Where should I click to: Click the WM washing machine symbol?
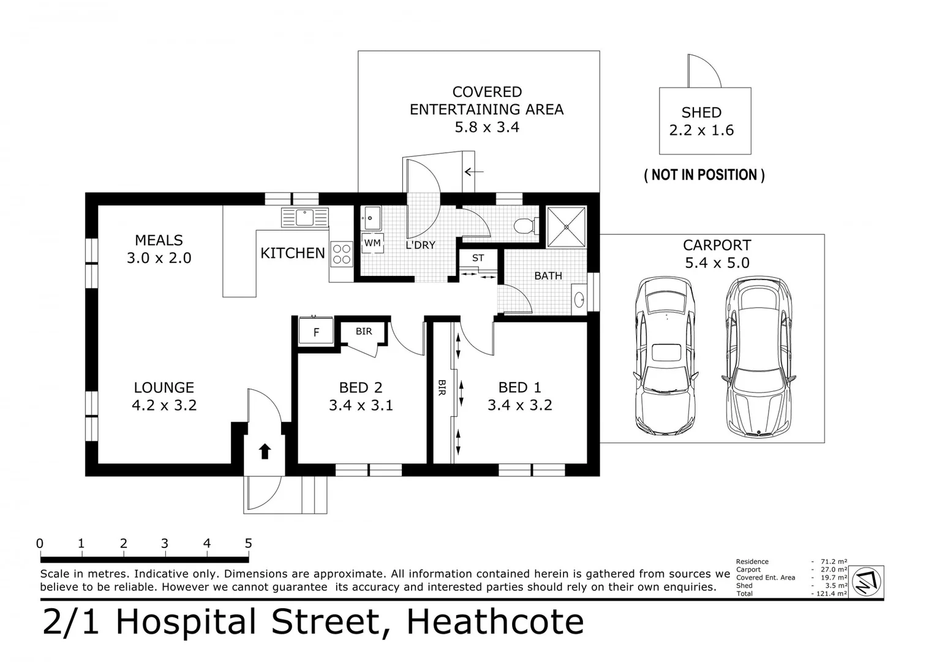tap(372, 243)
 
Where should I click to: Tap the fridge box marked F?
tap(316, 330)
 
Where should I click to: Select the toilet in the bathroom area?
tap(526, 226)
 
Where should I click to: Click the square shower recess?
tap(567, 227)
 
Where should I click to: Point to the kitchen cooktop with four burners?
tap(342, 254)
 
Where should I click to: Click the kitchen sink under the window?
tap(305, 218)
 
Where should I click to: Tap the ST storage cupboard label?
tap(478, 258)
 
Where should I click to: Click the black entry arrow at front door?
tap(265, 451)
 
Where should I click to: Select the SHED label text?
tap(701, 113)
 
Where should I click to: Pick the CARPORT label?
tap(717, 245)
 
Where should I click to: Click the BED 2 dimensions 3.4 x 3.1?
tap(361, 405)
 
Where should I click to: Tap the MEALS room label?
tap(159, 240)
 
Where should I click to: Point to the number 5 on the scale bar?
tap(248, 543)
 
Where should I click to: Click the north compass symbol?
tap(867, 581)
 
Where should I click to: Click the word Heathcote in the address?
tap(495, 622)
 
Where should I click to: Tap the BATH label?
tap(548, 276)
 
